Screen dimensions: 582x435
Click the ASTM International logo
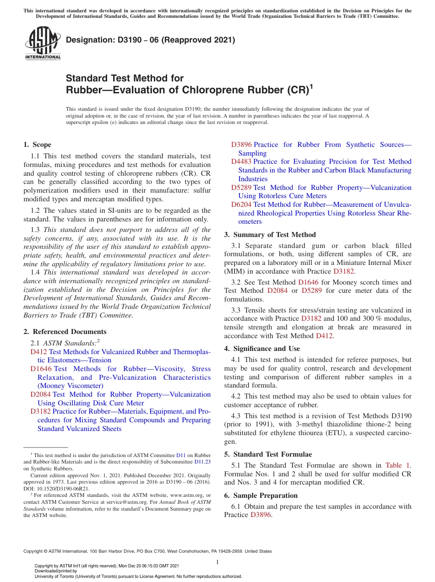point(43,43)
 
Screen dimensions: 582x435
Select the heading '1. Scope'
point(38,145)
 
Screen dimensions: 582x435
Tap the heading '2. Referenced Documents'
point(65,332)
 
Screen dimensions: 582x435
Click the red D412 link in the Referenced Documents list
point(38,352)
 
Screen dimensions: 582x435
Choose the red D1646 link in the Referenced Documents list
point(41,369)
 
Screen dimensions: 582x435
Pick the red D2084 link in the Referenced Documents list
point(40,394)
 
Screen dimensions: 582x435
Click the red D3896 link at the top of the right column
point(241,145)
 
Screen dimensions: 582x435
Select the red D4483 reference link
point(241,162)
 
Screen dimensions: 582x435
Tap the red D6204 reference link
point(241,205)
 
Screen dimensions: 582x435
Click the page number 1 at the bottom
point(217,562)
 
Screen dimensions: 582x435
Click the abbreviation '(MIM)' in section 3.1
point(233,271)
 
